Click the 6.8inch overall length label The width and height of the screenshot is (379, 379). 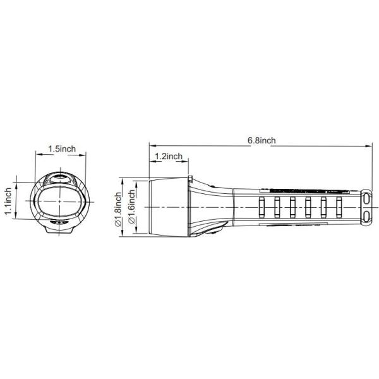click(x=262, y=140)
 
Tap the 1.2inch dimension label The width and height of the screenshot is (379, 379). click(x=169, y=156)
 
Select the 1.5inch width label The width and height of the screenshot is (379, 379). click(x=62, y=148)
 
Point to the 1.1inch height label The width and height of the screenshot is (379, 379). click(x=8, y=201)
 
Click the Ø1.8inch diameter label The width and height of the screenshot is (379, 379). click(x=118, y=209)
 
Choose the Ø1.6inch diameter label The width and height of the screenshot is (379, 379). click(x=131, y=206)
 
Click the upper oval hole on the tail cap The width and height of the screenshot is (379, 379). click(x=367, y=200)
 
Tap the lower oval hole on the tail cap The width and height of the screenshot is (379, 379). click(x=367, y=216)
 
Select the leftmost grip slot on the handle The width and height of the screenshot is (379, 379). click(x=262, y=207)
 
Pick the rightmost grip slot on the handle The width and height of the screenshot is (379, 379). click(x=339, y=207)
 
